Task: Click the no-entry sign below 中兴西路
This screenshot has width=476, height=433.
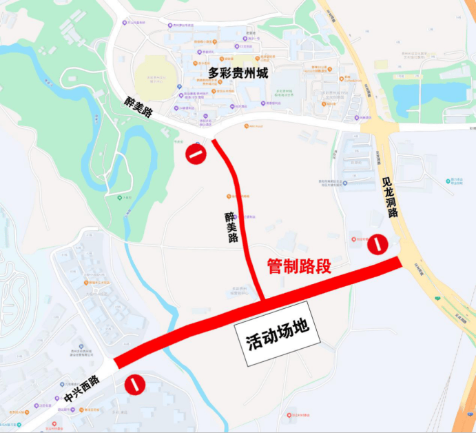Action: pyautogui.click(x=134, y=384)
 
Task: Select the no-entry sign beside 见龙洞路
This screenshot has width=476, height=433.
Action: pyautogui.click(x=377, y=244)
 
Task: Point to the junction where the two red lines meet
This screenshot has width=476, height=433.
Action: pyautogui.click(x=263, y=301)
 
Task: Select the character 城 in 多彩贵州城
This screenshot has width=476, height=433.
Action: pyautogui.click(x=262, y=72)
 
